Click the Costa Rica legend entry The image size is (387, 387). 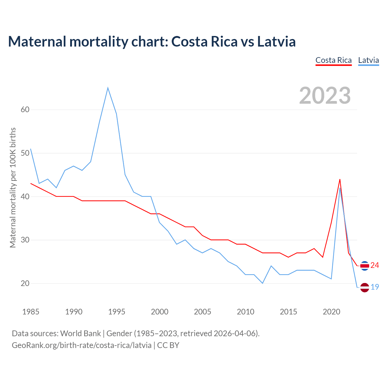pos(333,60)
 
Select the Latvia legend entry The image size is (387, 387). pos(368,60)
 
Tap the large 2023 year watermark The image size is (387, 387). pos(325,96)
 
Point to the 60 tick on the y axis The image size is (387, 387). pos(25,109)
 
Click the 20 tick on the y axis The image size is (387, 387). pos(25,283)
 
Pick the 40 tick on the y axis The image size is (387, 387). pos(25,197)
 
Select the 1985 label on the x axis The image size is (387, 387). pos(31,312)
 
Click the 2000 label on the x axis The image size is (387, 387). pos(160,312)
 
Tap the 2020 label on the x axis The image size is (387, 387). pos(331,312)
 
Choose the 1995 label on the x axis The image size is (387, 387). pos(117,312)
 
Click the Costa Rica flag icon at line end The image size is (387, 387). pos(365,266)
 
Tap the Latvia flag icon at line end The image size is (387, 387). pos(365,287)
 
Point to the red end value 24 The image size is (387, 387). pos(375,265)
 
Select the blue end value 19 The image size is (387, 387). pos(375,287)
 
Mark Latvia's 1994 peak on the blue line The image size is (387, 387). pos(108,88)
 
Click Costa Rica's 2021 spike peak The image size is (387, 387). pos(340,179)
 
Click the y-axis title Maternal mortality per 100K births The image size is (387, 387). pos(13,187)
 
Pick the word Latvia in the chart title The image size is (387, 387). pos(276,41)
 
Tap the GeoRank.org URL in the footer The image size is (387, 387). pos(82,345)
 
